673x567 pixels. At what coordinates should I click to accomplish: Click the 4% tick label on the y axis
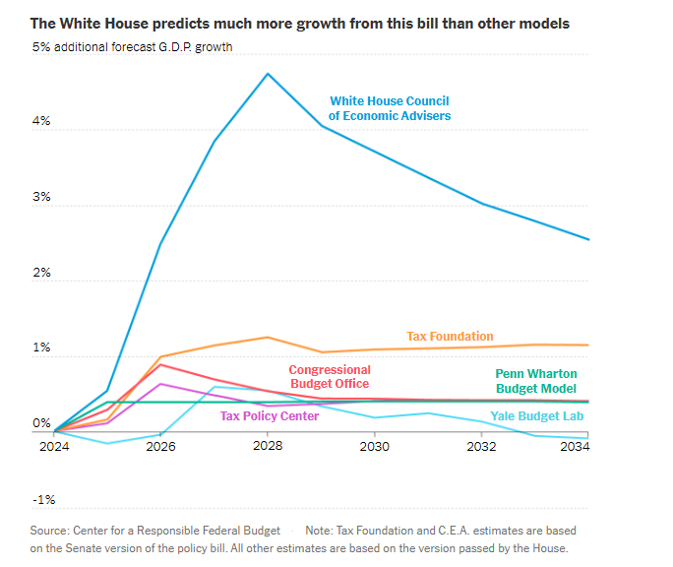pos(42,121)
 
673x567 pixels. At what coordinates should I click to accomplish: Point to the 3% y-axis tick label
pos(42,197)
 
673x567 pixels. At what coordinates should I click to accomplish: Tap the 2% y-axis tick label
pos(42,273)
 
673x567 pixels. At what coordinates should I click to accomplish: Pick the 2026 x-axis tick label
pos(160,446)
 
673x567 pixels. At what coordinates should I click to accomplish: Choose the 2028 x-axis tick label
pos(268,446)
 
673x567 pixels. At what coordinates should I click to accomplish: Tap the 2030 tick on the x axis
pos(374,446)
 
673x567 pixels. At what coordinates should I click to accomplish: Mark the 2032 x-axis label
pos(481,446)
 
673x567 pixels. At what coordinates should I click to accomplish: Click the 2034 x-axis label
pos(574,446)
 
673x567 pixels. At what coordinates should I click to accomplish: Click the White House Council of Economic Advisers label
pos(390,108)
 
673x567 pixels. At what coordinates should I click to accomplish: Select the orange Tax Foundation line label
pos(450,337)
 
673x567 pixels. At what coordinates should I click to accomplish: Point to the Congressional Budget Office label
pos(329,377)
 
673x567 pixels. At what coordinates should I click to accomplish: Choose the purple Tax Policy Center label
pos(270,416)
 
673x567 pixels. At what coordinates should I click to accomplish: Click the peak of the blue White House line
pos(268,74)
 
